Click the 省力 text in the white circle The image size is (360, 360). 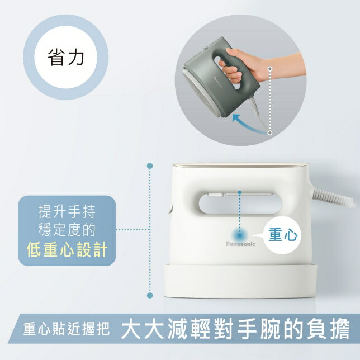65,58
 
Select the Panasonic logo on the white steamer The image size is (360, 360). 240,244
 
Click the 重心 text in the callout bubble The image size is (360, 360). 283,235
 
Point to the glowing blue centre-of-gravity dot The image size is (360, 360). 240,235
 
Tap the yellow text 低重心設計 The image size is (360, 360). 67,250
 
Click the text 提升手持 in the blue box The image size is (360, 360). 67,212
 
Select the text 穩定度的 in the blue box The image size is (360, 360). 67,230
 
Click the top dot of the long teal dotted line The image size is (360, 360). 150,166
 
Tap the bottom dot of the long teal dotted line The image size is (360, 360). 150,295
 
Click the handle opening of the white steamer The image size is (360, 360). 240,203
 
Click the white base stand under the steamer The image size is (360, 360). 240,281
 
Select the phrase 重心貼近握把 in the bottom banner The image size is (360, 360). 67,329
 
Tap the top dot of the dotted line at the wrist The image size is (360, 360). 270,69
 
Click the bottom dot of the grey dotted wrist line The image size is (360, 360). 270,132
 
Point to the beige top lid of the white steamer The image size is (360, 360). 240,165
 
